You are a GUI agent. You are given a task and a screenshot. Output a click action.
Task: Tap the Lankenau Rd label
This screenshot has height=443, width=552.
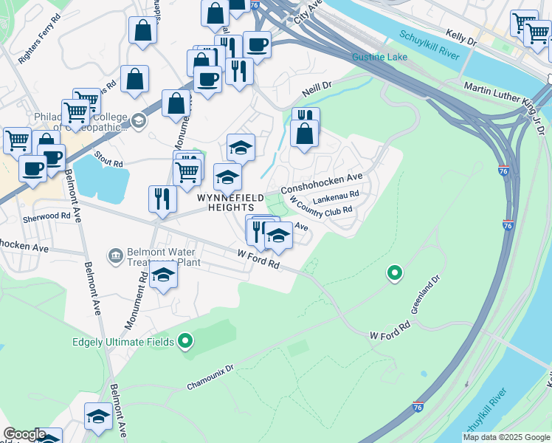335,196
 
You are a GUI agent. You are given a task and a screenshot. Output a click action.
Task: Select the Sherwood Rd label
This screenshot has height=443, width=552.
46,217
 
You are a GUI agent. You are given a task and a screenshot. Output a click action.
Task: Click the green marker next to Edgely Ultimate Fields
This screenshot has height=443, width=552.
185,341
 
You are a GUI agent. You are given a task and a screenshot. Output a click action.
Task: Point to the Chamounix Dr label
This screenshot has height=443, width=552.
210,376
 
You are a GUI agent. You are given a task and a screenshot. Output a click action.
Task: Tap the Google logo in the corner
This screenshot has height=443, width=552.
24,434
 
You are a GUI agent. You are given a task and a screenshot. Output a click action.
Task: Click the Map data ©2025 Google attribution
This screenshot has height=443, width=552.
506,437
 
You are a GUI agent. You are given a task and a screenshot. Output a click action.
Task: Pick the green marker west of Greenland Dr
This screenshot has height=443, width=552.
395,274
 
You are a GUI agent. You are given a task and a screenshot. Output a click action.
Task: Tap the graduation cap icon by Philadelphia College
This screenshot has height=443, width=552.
139,120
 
